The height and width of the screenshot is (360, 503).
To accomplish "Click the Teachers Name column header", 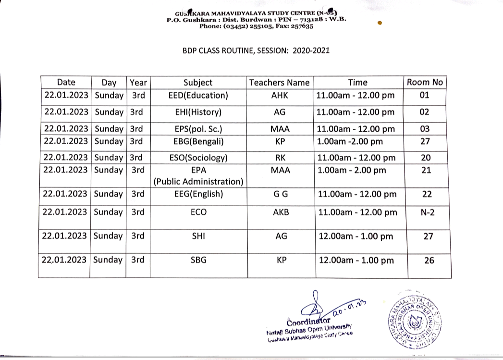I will pyautogui.click(x=279, y=82).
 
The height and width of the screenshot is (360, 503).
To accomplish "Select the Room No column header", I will pyautogui.click(x=425, y=82).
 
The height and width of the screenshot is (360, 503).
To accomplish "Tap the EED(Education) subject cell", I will pyautogui.click(x=198, y=95).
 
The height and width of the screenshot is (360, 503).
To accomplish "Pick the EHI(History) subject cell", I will pyautogui.click(x=198, y=112).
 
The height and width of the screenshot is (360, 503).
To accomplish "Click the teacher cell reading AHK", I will pyautogui.click(x=279, y=95).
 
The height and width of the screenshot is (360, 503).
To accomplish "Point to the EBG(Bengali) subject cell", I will pyautogui.click(x=198, y=141).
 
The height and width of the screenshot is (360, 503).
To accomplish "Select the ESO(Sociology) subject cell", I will pyautogui.click(x=198, y=158).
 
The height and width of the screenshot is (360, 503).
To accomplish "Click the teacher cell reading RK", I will pyautogui.click(x=279, y=158).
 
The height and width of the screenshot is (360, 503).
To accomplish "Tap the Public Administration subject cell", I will pyautogui.click(x=198, y=176).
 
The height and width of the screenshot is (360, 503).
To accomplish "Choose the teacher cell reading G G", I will pyautogui.click(x=279, y=194).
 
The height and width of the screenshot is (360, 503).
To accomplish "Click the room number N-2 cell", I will pyautogui.click(x=425, y=212).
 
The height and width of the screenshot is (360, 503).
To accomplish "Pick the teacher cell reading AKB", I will pyautogui.click(x=279, y=212).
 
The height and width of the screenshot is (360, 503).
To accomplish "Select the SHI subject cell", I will pyautogui.click(x=198, y=236).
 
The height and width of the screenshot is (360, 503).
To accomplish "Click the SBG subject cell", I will pyautogui.click(x=198, y=260).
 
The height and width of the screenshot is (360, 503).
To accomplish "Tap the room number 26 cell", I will pyautogui.click(x=425, y=260).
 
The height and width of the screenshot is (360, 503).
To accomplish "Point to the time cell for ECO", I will pyautogui.click(x=357, y=212).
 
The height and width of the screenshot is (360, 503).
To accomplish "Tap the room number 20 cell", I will pyautogui.click(x=425, y=158).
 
